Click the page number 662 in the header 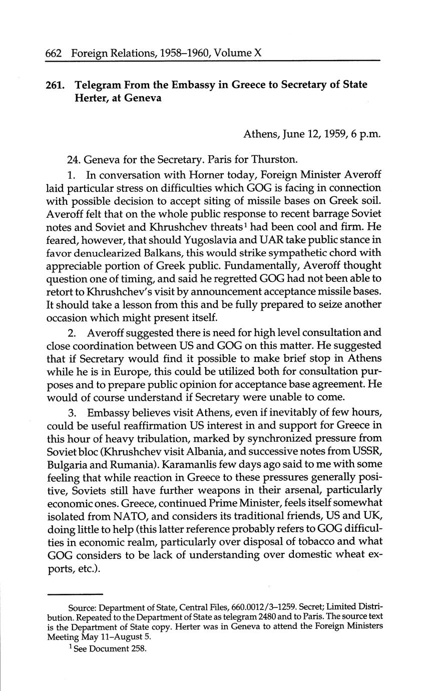[x=54, y=53]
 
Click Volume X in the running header [x=238, y=53]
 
